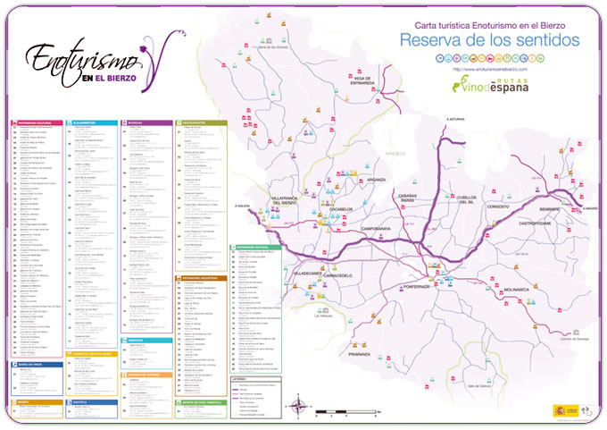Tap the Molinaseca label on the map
517,290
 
